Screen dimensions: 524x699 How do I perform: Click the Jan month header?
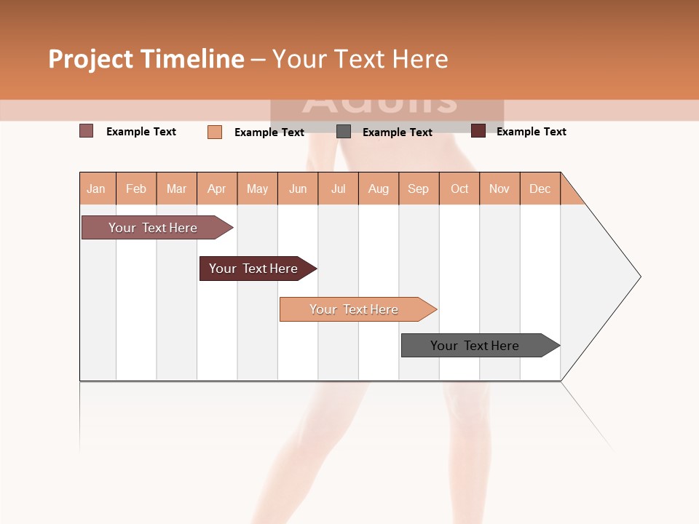97,188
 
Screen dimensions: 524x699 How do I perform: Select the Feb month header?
136,188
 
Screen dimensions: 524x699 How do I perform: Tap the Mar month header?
176,188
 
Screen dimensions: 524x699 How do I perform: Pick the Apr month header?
217,188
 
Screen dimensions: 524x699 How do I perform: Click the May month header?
257,188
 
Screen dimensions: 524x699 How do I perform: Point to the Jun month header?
298,188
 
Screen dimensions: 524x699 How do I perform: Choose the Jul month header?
338,188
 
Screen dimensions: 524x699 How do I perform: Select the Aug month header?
379,188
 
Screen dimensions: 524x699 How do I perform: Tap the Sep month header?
419,188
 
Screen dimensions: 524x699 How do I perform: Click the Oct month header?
459,188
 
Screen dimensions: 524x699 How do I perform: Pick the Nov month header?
499,188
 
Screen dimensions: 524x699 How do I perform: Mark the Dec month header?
540,188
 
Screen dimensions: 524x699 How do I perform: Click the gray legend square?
344,132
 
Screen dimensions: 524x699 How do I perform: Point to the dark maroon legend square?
478,131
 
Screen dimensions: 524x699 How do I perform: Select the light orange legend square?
215,132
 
